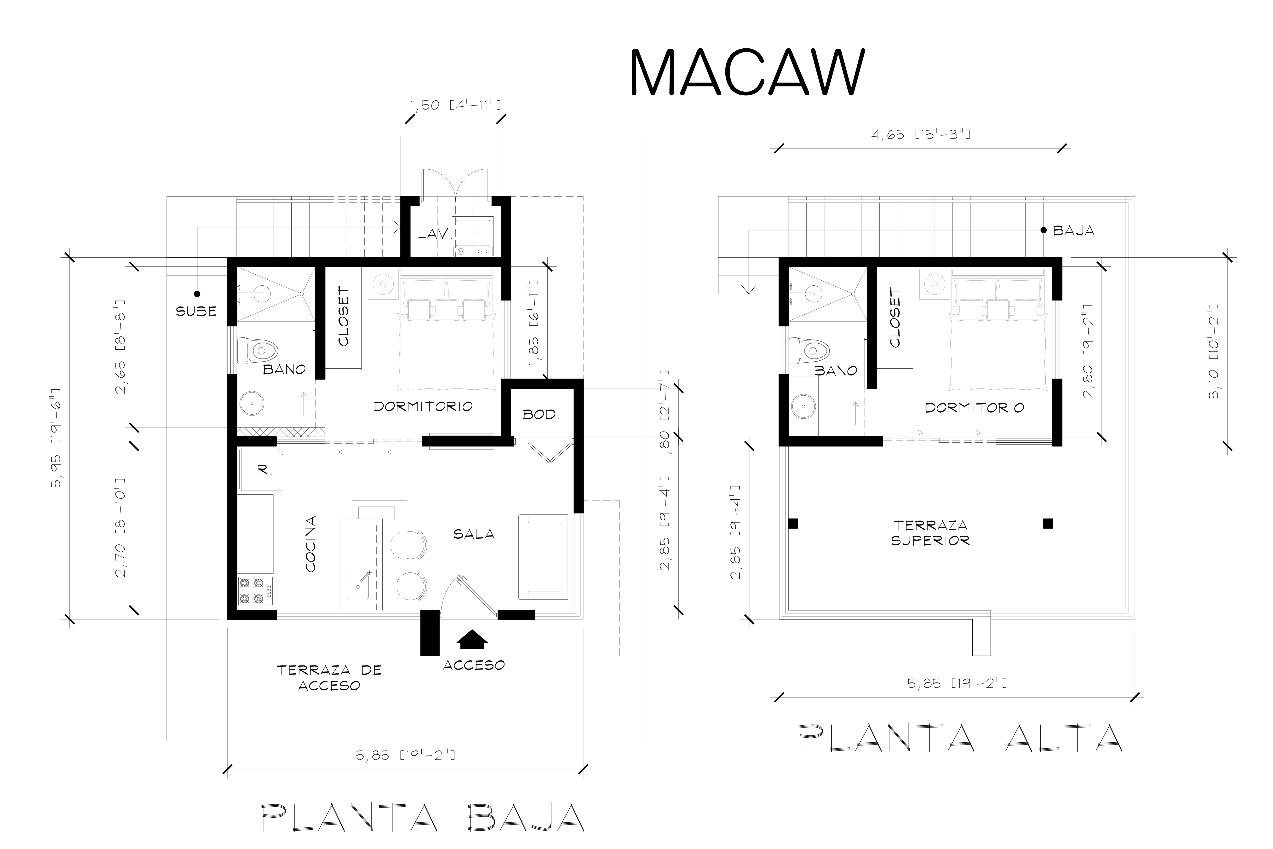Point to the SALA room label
pyautogui.click(x=474, y=534)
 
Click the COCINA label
pyautogui.click(x=311, y=544)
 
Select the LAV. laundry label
pyautogui.click(x=435, y=234)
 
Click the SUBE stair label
pyautogui.click(x=196, y=311)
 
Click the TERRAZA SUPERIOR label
pyautogui.click(x=930, y=533)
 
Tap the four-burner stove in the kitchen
pyautogui.click(x=255, y=591)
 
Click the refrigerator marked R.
pyautogui.click(x=260, y=469)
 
